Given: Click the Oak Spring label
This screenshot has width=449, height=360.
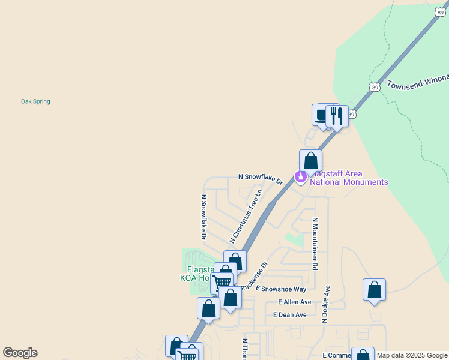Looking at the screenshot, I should coord(35,101).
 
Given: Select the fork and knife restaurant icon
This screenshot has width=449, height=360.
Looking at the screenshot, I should coord(337,116).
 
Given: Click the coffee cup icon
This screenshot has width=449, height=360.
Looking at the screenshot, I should coord(322,114).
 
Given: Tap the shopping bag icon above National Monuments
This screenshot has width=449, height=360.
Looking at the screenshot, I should coord(310,161).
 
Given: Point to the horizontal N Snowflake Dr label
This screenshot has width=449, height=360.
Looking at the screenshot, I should coord(261,178).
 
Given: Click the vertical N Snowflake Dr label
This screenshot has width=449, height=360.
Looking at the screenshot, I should coord(203,217).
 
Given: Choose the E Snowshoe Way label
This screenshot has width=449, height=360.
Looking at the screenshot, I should coord(281,289).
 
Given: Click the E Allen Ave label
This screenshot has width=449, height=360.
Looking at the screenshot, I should coord(295,302).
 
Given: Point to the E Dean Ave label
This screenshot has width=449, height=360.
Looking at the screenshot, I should coord(290,314).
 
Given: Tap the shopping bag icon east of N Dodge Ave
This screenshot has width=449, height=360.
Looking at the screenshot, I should coord(374,290).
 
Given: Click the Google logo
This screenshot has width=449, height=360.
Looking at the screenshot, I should coord(20,353).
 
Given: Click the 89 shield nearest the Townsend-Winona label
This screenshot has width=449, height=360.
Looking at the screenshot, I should coord(375,87).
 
